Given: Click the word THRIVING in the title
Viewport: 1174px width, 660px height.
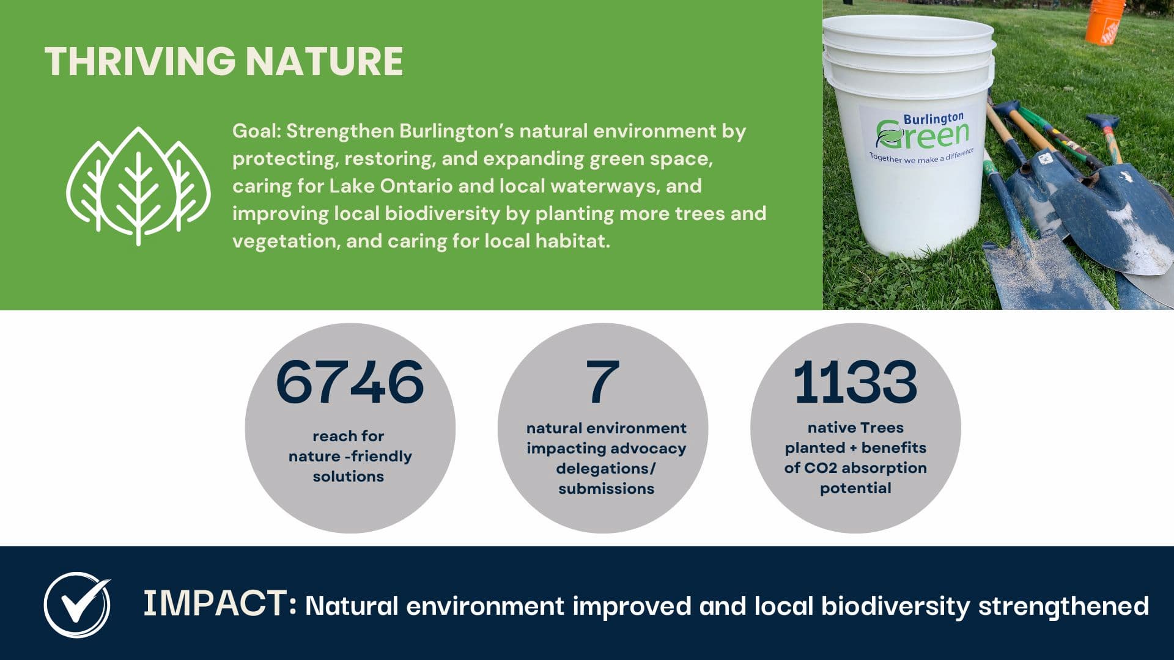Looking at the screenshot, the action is (140, 61).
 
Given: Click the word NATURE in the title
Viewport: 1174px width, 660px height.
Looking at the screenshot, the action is (324, 61).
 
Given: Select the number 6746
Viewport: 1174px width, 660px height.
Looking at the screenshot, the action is (350, 382).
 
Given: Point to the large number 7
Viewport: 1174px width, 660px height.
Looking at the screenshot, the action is (603, 382).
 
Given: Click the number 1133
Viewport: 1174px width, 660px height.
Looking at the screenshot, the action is (855, 382).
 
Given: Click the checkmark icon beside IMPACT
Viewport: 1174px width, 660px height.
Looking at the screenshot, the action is (78, 604).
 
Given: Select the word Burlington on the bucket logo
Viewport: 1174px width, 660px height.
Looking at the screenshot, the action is (934, 118).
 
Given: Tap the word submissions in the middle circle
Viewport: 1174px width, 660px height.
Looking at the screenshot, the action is (606, 489).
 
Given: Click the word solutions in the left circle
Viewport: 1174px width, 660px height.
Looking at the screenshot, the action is (349, 477).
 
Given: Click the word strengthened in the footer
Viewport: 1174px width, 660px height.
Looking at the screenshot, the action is (1063, 606).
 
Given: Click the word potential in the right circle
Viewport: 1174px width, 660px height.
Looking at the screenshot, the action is (855, 488).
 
